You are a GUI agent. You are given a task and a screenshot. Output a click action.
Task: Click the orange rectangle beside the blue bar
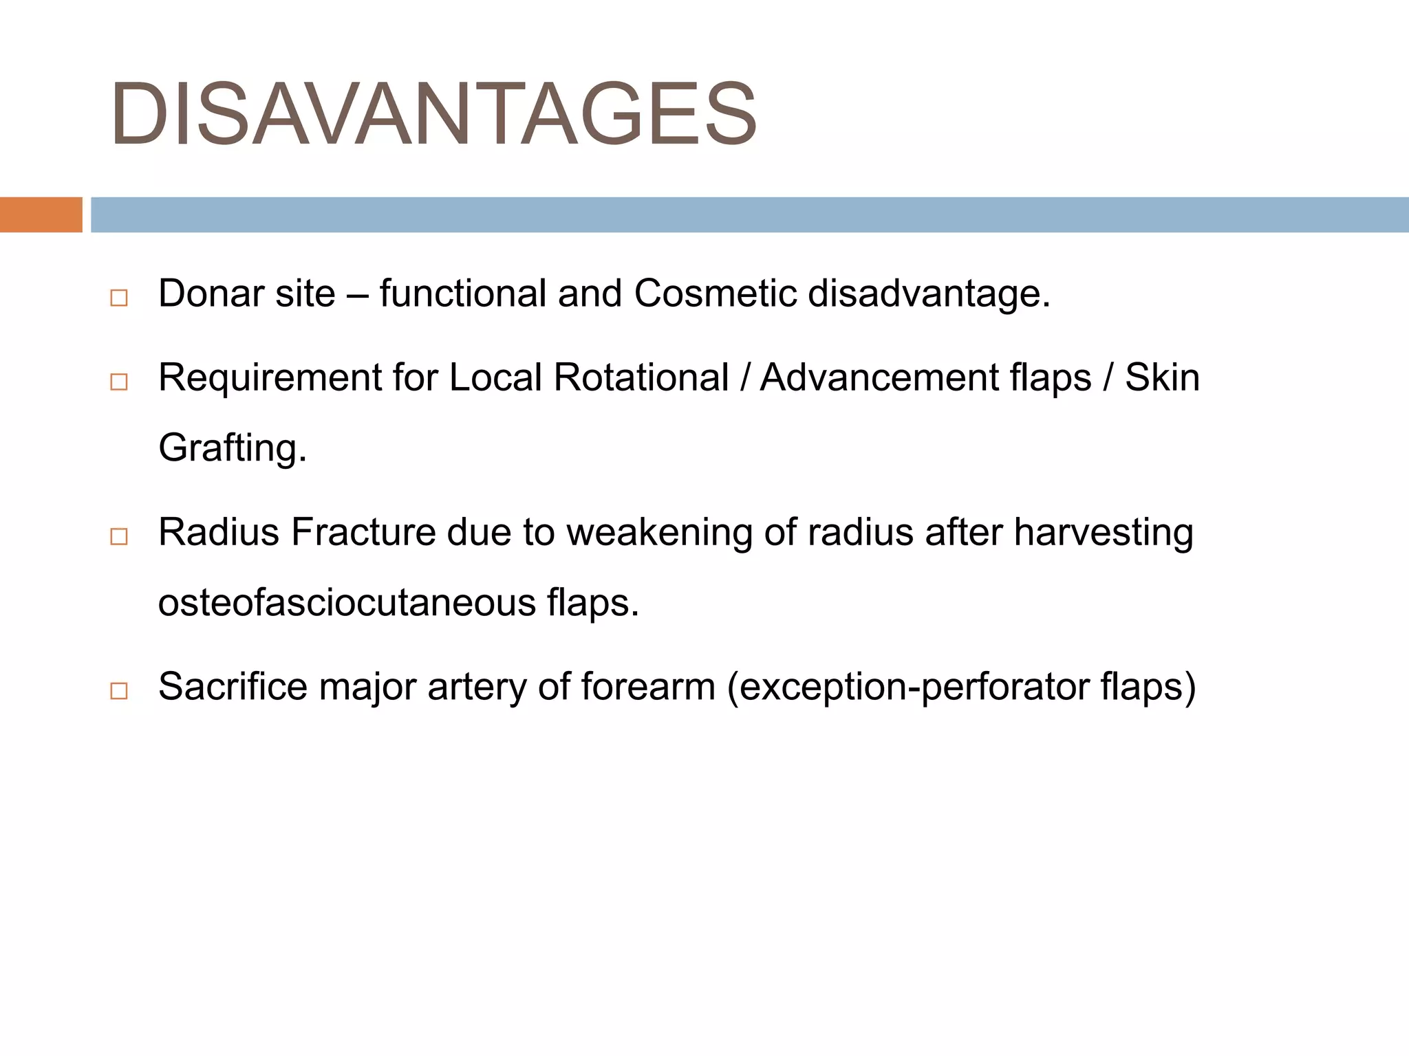(41, 214)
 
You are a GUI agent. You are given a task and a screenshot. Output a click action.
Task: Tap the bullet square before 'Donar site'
(119, 298)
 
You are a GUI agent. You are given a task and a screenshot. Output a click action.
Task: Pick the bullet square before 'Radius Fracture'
(119, 536)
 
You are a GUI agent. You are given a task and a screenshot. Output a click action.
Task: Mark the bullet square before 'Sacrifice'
(119, 690)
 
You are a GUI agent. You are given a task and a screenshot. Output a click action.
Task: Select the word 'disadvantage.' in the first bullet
(929, 294)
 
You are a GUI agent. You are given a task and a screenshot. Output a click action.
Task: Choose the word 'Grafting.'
(233, 448)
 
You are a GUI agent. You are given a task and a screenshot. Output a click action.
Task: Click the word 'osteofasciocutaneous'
(347, 603)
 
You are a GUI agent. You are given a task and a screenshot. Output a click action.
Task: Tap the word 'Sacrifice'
(233, 686)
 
